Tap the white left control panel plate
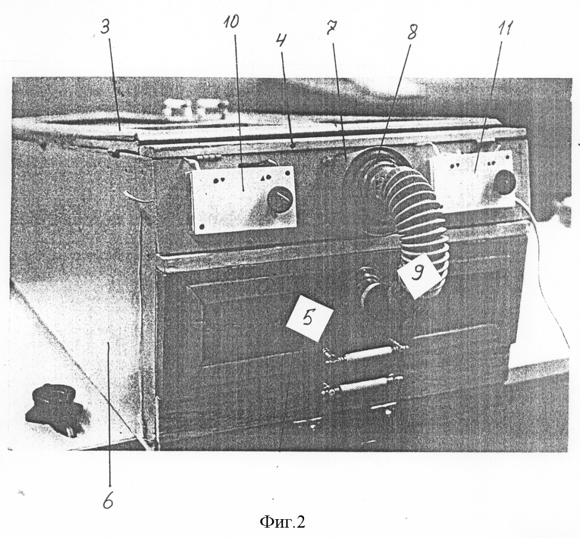[243, 199]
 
